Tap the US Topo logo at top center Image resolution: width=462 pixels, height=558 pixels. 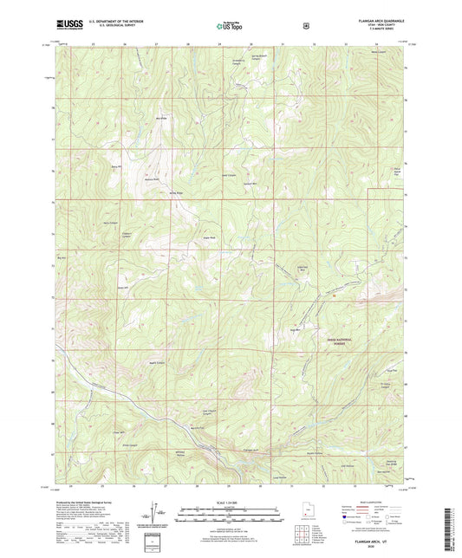click(230, 27)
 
